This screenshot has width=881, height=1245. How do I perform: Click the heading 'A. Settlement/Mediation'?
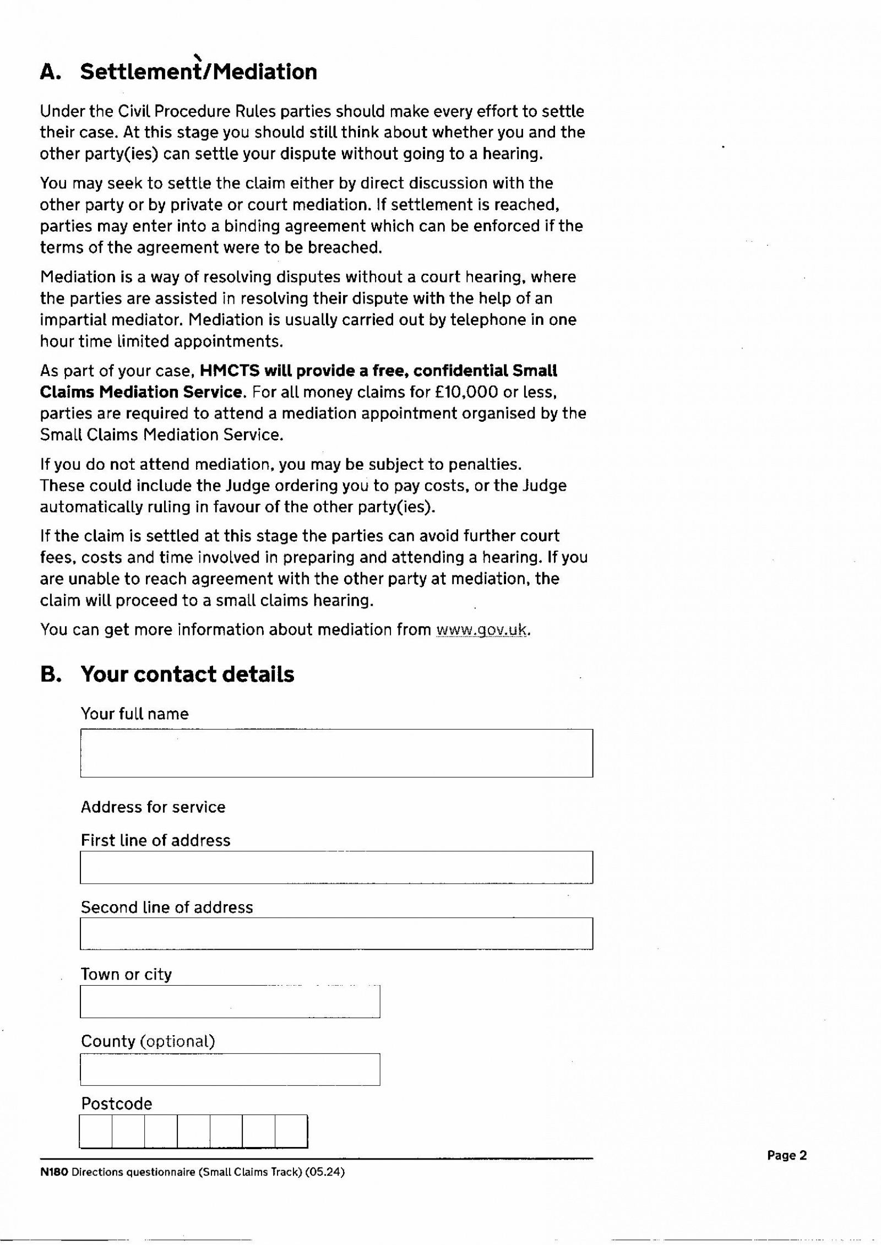(x=178, y=72)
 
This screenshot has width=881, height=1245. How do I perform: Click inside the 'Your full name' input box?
(x=336, y=753)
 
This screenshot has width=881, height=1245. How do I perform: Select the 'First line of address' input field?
(x=336, y=867)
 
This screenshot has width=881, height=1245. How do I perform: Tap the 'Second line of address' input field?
(x=336, y=933)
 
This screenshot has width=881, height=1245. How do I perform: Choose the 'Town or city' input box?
(x=230, y=1002)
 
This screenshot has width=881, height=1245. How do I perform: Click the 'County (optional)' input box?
(x=230, y=1069)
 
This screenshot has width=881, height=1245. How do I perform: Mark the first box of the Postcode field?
(x=96, y=1131)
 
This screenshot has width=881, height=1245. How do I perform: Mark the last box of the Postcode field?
(x=291, y=1131)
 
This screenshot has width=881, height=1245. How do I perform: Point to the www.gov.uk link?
(x=481, y=630)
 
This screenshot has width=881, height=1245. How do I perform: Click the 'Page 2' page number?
(x=786, y=1155)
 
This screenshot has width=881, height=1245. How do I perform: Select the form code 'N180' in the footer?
(x=54, y=1172)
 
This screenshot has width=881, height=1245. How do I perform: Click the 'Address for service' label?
(x=153, y=807)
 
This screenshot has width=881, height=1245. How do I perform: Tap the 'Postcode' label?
(x=116, y=1104)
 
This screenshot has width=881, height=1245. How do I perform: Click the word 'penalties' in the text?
(x=483, y=464)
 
